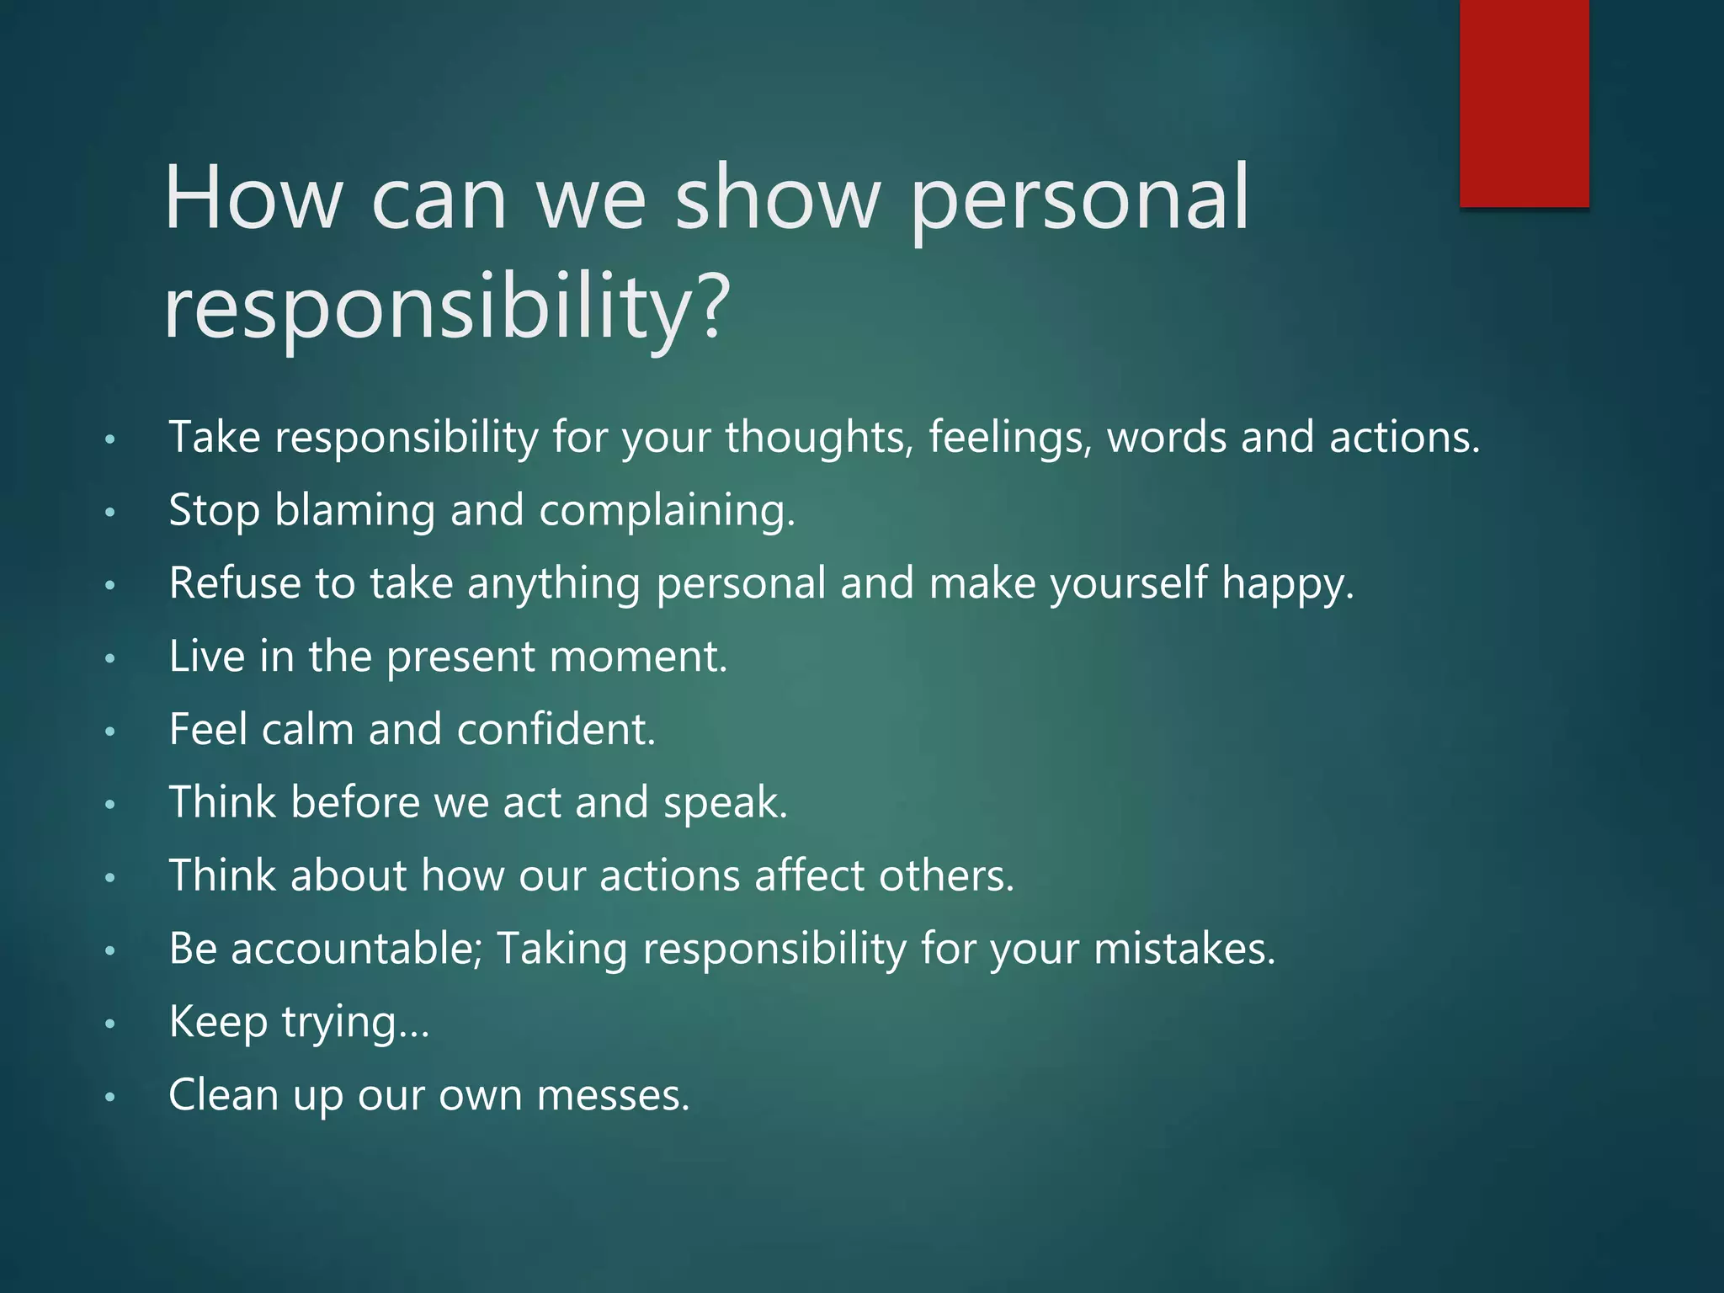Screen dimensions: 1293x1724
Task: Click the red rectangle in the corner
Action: [x=1524, y=103]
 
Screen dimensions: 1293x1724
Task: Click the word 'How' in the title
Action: [x=253, y=199]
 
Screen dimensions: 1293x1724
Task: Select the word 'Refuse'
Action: [x=235, y=583]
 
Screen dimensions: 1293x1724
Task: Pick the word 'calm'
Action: [x=307, y=729]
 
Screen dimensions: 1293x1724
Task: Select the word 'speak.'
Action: [x=725, y=804]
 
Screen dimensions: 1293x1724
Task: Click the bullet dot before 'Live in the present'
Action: [x=109, y=659]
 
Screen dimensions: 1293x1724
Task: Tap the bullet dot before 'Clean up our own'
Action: [x=109, y=1098]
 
